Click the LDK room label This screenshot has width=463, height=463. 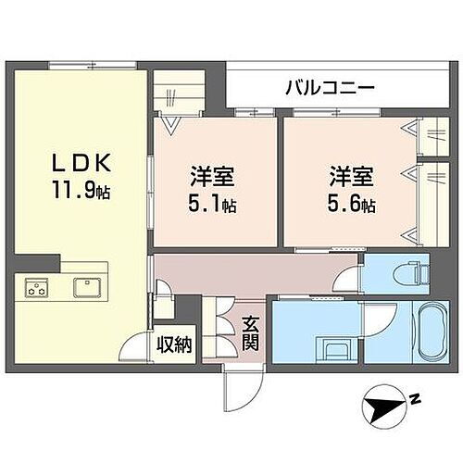pos(81,164)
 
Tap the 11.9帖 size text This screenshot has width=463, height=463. pos(82,194)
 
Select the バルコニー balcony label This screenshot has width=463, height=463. pos(329,89)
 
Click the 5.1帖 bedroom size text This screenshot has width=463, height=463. pos(213,206)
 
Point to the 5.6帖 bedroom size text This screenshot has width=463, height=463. pos(350,206)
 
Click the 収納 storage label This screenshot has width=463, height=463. pos(173,345)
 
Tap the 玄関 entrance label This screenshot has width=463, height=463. pos(252,334)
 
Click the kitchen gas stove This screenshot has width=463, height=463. pos(36,287)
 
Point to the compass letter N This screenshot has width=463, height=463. pos(416,400)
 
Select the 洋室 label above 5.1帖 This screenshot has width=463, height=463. pos(212,176)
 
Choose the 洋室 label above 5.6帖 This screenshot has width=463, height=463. pos(349,176)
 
